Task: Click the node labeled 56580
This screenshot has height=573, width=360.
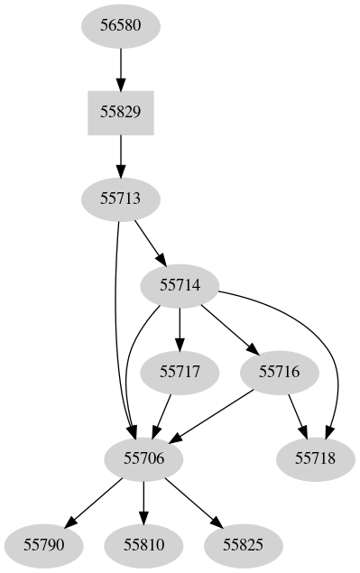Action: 120,26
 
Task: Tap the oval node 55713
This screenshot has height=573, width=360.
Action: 120,199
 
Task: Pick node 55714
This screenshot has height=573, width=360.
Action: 181,285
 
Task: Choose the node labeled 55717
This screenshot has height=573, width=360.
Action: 180,371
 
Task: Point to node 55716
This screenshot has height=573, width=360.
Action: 279,371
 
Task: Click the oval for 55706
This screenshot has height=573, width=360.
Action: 143,457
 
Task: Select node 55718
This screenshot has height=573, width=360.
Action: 315,457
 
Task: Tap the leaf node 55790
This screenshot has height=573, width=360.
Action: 44,544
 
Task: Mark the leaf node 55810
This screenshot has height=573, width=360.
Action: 143,544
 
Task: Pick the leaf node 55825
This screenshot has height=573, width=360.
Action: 243,544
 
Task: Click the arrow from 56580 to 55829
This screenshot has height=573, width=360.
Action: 120,69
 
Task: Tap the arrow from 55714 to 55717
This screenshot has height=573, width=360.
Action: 181,328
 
